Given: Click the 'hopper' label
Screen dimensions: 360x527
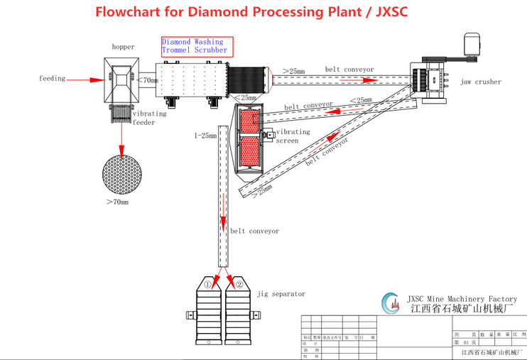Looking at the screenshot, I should pyautogui.click(x=123, y=47).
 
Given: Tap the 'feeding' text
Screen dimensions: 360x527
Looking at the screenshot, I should pyautogui.click(x=53, y=79).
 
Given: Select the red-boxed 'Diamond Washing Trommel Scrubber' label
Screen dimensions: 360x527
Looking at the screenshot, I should pyautogui.click(x=195, y=46).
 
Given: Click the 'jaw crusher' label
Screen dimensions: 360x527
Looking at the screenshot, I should pyautogui.click(x=480, y=82).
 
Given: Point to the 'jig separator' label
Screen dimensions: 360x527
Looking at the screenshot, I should pyautogui.click(x=281, y=293).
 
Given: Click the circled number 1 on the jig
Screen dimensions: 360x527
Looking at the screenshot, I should pyautogui.click(x=208, y=285).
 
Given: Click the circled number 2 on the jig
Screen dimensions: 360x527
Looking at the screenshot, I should pyautogui.click(x=239, y=285).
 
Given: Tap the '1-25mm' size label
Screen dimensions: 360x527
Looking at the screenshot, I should pyautogui.click(x=205, y=135).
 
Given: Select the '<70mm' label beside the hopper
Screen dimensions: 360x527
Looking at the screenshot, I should pyautogui.click(x=148, y=80).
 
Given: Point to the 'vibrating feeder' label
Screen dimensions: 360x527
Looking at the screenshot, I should pyautogui.click(x=149, y=118).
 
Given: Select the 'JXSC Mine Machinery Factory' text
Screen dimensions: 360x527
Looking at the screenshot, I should pyautogui.click(x=462, y=299).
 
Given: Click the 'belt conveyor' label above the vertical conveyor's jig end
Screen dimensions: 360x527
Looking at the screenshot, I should pyautogui.click(x=254, y=231).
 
